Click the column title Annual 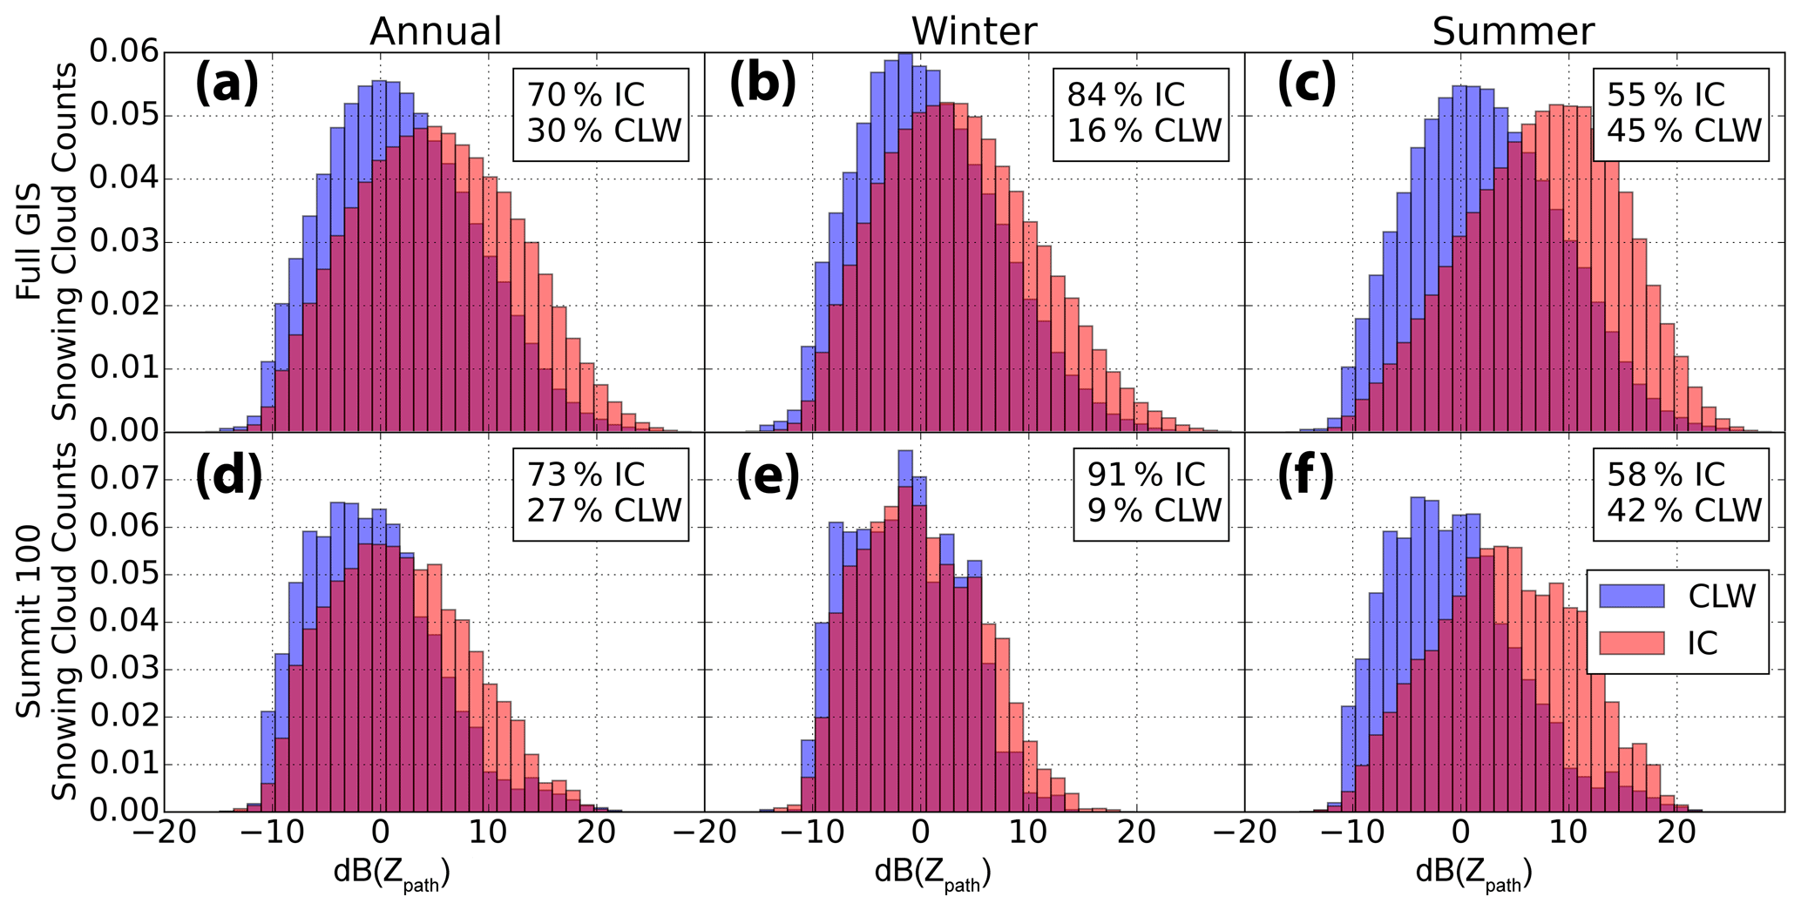436,31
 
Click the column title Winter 974,31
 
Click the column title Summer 1513,31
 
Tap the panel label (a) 227,84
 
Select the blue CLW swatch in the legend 1632,597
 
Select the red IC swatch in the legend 1632,643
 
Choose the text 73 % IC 586,475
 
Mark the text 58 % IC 1666,475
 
